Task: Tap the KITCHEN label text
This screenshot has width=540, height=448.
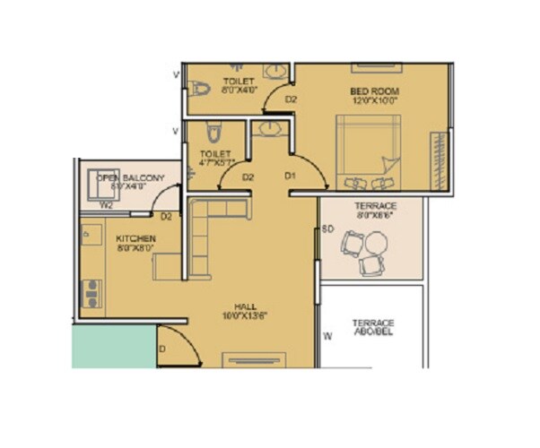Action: coord(136,239)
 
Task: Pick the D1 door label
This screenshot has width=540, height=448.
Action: coord(290,177)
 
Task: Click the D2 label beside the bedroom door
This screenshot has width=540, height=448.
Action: coord(291,99)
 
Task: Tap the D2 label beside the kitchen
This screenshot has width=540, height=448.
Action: coord(166,216)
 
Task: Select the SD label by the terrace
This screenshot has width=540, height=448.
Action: coord(328,229)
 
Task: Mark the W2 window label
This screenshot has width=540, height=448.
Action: coord(106,205)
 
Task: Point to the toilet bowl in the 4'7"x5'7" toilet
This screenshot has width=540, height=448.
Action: coord(212,134)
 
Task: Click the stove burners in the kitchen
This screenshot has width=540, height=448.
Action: coord(91,293)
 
